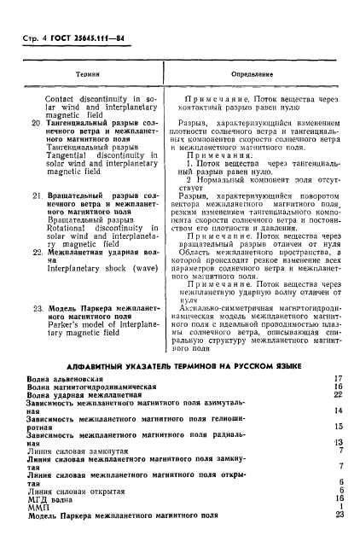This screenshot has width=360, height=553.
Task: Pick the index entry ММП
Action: [38, 507]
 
